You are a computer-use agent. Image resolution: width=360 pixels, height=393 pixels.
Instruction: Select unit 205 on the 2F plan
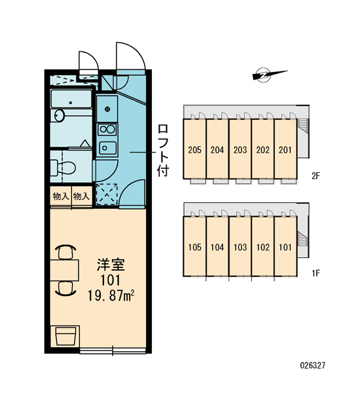pyautogui.click(x=194, y=149)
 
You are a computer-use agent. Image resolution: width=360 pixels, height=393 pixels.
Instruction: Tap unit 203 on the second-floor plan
pyautogui.click(x=240, y=149)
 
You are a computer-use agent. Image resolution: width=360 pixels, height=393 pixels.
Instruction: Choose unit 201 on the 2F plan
pyautogui.click(x=285, y=149)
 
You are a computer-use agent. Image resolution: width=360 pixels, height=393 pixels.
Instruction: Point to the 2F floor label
pyautogui.click(x=316, y=176)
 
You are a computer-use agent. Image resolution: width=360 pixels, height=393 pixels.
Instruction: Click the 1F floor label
pyautogui.click(x=316, y=273)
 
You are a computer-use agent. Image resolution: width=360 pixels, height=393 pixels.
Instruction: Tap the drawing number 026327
pyautogui.click(x=313, y=365)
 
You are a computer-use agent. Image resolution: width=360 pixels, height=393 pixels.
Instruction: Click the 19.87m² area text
pyautogui.click(x=111, y=295)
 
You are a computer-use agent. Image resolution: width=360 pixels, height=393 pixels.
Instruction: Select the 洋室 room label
pyautogui.click(x=111, y=265)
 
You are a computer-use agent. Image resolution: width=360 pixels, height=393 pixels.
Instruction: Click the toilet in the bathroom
pyautogui.click(x=63, y=168)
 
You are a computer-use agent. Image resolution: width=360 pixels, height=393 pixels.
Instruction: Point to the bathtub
pyautogui.click(x=71, y=99)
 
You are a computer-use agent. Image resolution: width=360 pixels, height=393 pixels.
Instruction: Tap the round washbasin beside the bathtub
pyautogui.click(x=60, y=115)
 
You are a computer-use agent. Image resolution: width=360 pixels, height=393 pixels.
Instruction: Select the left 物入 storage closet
pyautogui.click(x=61, y=196)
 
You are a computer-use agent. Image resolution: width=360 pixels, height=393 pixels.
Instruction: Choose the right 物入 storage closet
pyautogui.click(x=82, y=196)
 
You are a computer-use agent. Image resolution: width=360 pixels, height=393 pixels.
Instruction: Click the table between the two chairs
pyautogui.click(x=64, y=270)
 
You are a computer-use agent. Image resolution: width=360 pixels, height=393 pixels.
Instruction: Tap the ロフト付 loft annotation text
pyautogui.click(x=163, y=151)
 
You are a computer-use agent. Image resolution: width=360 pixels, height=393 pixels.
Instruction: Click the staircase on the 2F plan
pyautogui.click(x=302, y=126)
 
